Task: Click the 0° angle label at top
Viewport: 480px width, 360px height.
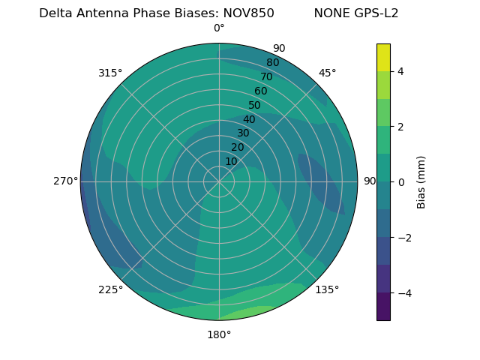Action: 219,28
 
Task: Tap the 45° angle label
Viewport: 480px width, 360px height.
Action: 327,73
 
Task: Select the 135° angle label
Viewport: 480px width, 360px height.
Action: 327,289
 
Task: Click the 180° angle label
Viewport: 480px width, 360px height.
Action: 219,334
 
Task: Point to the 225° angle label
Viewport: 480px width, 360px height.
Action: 110,290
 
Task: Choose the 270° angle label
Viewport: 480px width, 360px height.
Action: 65,181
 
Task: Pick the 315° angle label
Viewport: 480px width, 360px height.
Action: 110,73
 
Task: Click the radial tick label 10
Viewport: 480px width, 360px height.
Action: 231,161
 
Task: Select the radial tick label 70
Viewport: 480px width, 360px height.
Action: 266,76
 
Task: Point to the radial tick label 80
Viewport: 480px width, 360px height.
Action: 272,63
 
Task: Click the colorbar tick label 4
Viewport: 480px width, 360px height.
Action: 400,71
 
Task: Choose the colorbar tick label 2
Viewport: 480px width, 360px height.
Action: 400,127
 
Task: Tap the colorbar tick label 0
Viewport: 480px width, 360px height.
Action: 400,181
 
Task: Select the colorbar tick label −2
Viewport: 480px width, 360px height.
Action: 403,237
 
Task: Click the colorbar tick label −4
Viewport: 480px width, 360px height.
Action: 403,292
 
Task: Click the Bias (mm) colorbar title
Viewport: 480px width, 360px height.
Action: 421,181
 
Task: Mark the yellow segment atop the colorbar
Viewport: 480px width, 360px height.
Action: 383,57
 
